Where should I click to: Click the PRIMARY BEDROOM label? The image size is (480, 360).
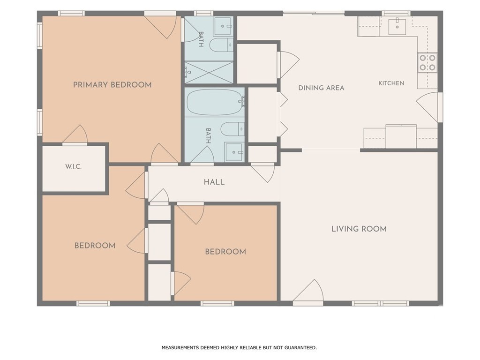pos(112,85)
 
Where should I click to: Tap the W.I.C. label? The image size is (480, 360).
pos(73,167)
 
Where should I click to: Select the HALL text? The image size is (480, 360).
pos(214,182)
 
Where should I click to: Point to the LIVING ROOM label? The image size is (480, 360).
pos(359,229)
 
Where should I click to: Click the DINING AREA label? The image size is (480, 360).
pos(322,88)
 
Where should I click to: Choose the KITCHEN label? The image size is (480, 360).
pos(391,83)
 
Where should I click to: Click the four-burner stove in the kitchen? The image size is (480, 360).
pos(427,62)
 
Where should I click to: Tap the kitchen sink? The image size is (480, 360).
pos(397,27)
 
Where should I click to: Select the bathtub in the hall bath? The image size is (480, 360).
pos(214,102)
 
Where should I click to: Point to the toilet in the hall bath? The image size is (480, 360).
pos(232,129)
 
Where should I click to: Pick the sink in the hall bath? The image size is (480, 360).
pos(234,152)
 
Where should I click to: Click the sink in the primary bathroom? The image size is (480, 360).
pos(223,26)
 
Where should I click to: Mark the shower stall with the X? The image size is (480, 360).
pos(209,72)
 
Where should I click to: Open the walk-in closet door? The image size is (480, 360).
pos(75,135)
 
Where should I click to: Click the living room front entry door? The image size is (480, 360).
pos(308,291)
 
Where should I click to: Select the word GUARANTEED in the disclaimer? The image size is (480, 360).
pos(300,347)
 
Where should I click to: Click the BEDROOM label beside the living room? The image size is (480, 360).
pos(225,252)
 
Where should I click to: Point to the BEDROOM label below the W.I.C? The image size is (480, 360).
pos(95,246)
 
